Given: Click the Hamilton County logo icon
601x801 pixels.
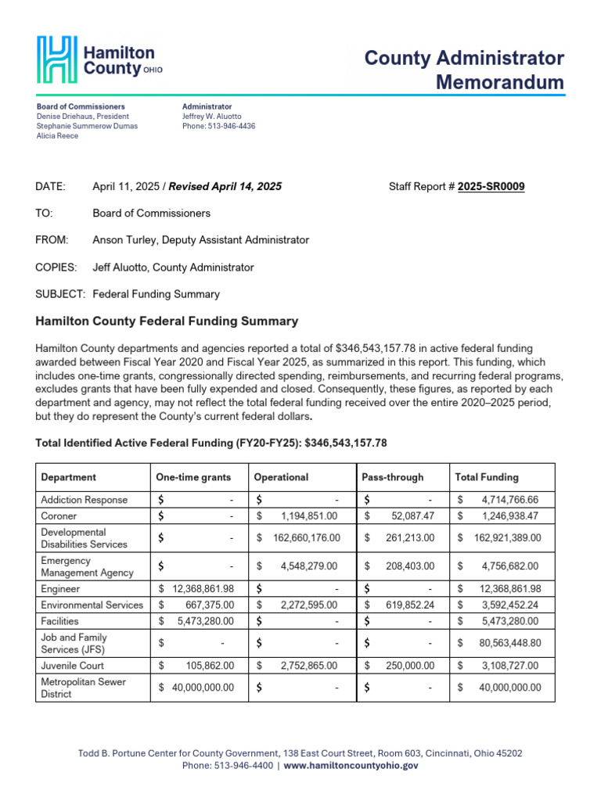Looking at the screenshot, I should point(57,59).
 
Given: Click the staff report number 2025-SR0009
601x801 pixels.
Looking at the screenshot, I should point(491,186).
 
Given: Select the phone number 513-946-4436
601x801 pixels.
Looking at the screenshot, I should point(231,126).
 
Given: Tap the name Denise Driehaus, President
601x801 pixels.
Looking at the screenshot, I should point(83,117).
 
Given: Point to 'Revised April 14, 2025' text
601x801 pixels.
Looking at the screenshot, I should point(225,186).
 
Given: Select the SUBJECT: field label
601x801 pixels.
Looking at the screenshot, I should point(59,295).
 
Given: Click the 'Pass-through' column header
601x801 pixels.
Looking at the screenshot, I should point(392,477).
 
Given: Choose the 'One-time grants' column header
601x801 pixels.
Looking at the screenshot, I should point(193,477).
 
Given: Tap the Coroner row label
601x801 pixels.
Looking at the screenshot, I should point(59,516).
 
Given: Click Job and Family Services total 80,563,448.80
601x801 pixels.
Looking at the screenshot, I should point(506,644).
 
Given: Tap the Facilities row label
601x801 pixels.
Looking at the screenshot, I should point(60,621).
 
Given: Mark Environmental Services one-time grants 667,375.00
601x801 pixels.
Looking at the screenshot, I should point(207,605).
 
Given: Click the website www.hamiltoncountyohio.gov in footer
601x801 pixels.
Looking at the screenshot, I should point(351,766).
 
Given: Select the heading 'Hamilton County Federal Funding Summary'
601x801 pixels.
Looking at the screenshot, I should point(167,321).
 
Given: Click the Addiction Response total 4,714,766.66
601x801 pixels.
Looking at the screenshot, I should point(509,499).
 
